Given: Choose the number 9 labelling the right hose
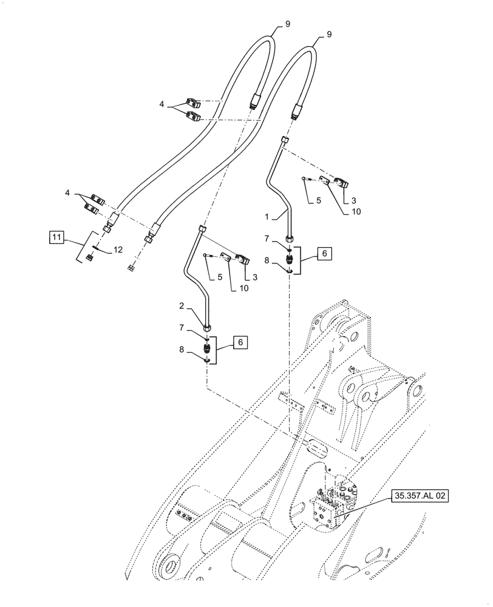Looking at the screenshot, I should tap(329, 35).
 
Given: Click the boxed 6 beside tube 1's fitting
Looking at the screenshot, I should tap(324, 254).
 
